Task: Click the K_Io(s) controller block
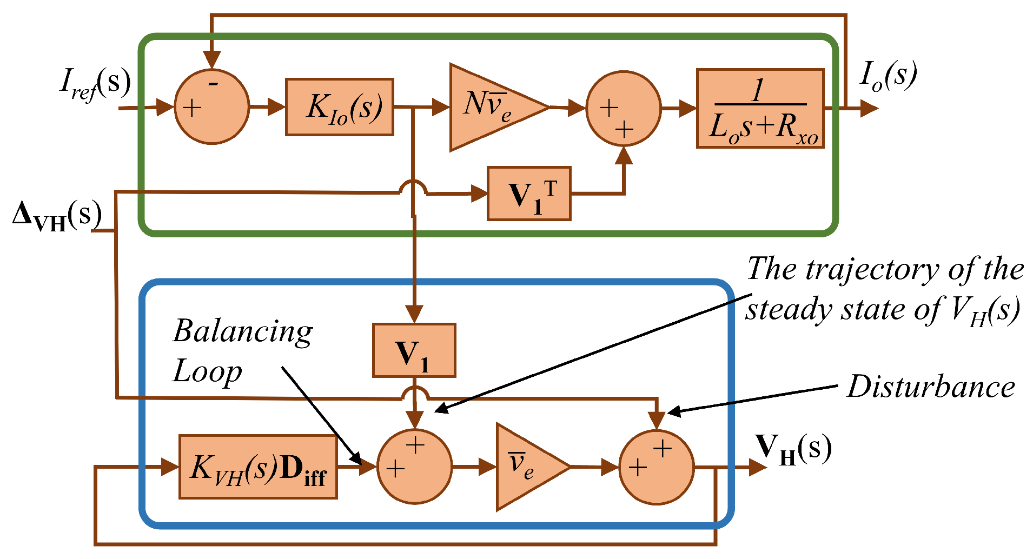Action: click(x=339, y=107)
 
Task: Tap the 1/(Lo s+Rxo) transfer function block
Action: click(x=760, y=108)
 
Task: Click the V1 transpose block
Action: click(x=529, y=194)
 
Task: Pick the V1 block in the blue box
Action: click(x=414, y=350)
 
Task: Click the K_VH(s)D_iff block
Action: click(x=258, y=467)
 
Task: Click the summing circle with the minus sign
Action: click(x=212, y=107)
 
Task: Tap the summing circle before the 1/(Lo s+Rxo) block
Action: click(x=624, y=108)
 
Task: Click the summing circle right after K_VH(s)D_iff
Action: click(x=414, y=467)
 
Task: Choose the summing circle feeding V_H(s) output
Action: click(x=656, y=467)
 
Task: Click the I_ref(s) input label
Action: click(x=95, y=84)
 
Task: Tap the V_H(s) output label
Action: click(x=793, y=449)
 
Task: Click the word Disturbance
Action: click(x=931, y=387)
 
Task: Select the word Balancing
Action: click(x=243, y=331)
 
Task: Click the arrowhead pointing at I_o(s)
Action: click(x=869, y=108)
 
